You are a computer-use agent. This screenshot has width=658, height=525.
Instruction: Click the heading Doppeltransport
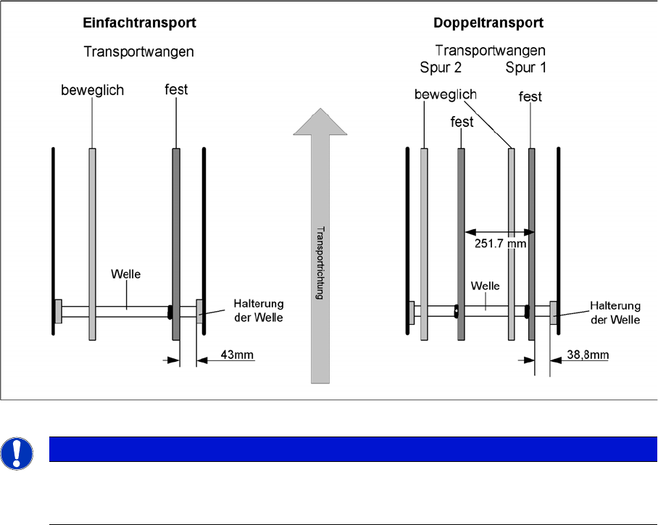(x=488, y=23)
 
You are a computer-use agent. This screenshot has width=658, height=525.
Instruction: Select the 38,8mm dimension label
(x=589, y=356)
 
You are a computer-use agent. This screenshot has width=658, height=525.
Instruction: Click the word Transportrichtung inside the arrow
(x=320, y=262)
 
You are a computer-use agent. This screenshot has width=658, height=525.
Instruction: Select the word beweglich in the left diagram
(x=93, y=91)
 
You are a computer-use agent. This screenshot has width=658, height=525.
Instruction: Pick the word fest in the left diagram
(x=176, y=90)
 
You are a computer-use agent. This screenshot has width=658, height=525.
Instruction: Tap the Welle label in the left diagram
(x=125, y=274)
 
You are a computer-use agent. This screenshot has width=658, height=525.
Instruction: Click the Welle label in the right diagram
(x=485, y=286)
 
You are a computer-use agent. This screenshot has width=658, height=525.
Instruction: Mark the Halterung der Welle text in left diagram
(x=258, y=310)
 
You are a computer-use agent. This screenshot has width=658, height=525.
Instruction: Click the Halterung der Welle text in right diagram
(x=615, y=313)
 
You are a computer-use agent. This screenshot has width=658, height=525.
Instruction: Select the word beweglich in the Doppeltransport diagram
(x=445, y=95)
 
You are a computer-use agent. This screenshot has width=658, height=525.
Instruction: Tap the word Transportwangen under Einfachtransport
(x=138, y=52)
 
